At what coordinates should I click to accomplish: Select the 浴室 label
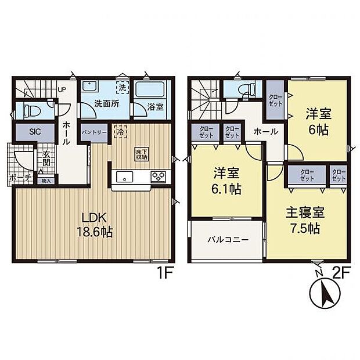154,107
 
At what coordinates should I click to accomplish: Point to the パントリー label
94,132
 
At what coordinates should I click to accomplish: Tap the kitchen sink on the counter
124,177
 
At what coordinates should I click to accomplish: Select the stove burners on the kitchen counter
159,177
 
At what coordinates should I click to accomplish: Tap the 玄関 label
45,158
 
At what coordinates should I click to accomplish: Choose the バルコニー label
228,239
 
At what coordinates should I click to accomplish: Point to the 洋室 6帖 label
318,122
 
